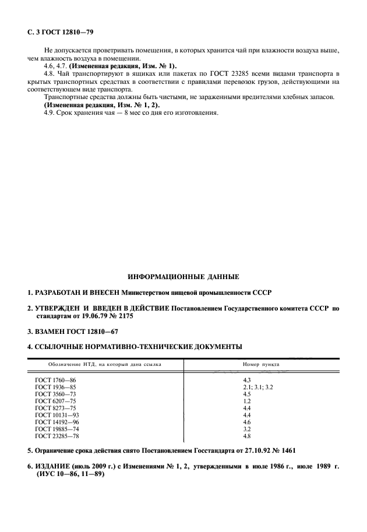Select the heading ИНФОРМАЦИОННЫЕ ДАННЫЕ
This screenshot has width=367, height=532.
183,276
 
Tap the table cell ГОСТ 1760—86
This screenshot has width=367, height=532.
55,380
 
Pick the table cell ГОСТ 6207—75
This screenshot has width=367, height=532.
55,401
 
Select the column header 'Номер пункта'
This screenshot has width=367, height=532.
260,364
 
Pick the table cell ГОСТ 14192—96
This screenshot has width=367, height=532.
57,422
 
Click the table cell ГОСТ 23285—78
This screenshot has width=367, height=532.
57,436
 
